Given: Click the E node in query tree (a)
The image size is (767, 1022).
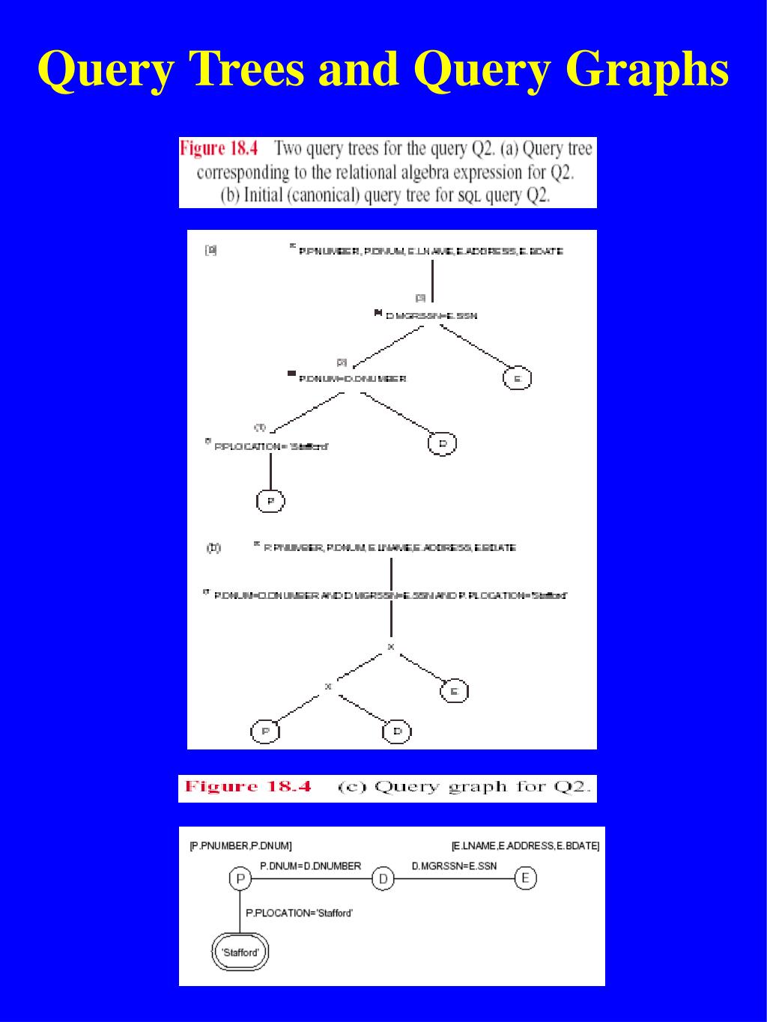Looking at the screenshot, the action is (516, 378).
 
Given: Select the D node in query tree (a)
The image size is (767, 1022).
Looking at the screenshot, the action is (442, 443).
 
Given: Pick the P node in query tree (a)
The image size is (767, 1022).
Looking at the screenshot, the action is (270, 500).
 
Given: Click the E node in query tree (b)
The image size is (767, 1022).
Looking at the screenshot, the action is (453, 690).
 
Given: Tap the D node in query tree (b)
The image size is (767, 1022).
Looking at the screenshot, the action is (397, 731).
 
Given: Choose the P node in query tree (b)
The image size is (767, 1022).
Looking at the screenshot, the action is (265, 731).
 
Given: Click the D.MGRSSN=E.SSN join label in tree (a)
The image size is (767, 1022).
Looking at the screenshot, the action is (431, 316).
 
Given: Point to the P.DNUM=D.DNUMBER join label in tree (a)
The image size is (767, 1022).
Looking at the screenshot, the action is (352, 379).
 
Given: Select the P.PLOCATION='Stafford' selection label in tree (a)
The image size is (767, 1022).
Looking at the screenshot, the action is (271, 447).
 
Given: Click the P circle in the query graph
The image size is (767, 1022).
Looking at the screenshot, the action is (240, 878).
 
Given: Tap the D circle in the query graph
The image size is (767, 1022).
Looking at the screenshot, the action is (383, 878).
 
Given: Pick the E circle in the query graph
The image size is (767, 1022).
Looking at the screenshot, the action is (525, 877).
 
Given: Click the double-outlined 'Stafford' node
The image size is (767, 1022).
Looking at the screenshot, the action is (240, 952).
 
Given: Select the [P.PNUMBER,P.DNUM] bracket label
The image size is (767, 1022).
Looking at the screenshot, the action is (240, 846).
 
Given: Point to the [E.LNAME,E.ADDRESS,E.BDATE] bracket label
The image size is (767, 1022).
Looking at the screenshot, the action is (525, 846).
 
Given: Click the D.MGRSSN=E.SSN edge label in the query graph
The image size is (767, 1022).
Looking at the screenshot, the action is (454, 866).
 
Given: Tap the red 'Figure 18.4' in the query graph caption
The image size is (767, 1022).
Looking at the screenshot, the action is (248, 787).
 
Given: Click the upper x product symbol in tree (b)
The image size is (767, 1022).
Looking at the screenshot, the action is (390, 647).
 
